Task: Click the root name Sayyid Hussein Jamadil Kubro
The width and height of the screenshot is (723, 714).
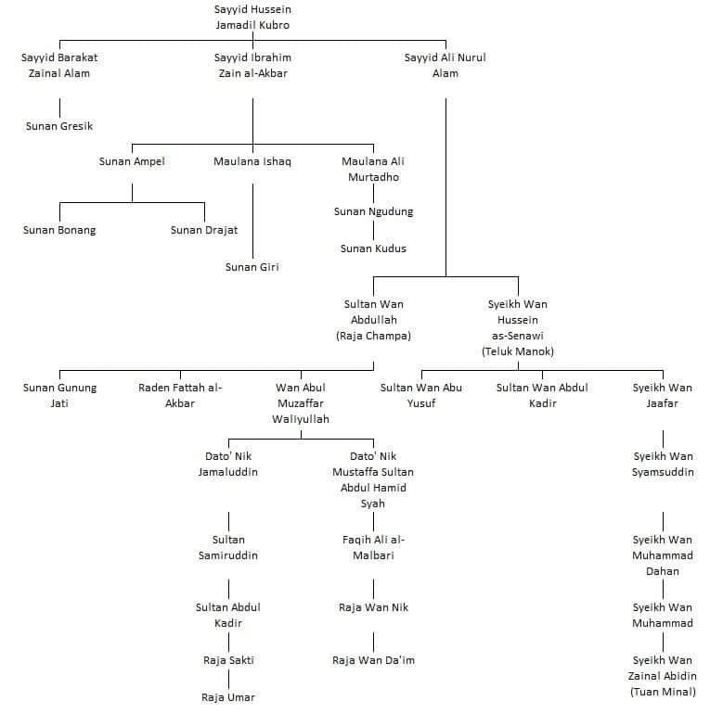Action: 252,18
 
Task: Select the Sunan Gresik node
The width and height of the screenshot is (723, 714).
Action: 59,125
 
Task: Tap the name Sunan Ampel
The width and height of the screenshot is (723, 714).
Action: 132,161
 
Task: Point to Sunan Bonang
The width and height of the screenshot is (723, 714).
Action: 59,230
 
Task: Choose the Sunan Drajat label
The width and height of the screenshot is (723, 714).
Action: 204,230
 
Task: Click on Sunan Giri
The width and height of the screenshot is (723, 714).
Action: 252,267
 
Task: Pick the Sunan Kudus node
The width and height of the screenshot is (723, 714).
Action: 373,249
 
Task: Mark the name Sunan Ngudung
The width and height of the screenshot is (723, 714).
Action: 373,211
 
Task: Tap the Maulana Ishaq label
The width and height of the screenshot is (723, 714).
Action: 252,161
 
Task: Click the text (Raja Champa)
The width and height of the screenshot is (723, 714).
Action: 373,336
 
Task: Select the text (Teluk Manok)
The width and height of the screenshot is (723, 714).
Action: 518,351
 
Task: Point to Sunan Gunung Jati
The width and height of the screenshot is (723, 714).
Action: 59,395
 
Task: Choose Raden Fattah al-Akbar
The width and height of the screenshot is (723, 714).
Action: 180,395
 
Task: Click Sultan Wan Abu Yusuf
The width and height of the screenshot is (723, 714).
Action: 420,395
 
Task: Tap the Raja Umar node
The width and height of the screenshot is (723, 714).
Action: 228,696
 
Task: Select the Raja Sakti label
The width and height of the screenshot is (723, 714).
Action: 228,660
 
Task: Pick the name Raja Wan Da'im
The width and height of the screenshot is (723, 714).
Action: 373,660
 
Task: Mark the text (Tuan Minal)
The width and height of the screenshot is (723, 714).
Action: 663,692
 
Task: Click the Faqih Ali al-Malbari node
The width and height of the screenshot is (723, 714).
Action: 373,547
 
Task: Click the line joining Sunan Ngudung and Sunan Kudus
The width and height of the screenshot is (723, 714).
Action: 373,230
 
